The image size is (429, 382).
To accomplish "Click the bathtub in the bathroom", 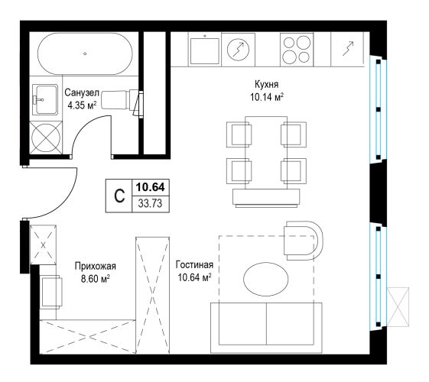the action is (x=85, y=53).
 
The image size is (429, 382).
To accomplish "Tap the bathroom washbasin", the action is (x=45, y=99).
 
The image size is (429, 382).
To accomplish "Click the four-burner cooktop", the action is (x=297, y=50).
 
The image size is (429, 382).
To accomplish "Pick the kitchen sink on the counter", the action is (x=205, y=50).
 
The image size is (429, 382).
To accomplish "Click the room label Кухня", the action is (x=266, y=85).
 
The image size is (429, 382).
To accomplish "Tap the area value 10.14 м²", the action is (x=267, y=97).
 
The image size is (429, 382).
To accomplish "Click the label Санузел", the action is (x=82, y=93).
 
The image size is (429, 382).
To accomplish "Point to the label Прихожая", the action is (x=96, y=266).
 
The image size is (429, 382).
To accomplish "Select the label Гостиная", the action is (x=194, y=265).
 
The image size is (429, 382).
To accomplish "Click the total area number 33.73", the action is (x=150, y=203).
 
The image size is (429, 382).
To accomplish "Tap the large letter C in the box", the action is (x=119, y=196).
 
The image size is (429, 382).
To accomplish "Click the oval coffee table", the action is (x=266, y=279).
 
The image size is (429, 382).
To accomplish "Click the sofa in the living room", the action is (x=266, y=328).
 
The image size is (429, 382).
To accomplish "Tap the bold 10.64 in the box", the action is (x=150, y=187).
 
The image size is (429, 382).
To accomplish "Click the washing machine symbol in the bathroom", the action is (x=46, y=138).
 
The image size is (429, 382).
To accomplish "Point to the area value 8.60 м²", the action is (x=96, y=279).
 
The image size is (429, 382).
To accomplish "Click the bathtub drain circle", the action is (x=85, y=53).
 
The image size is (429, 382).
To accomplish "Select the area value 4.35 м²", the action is (x=82, y=105).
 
